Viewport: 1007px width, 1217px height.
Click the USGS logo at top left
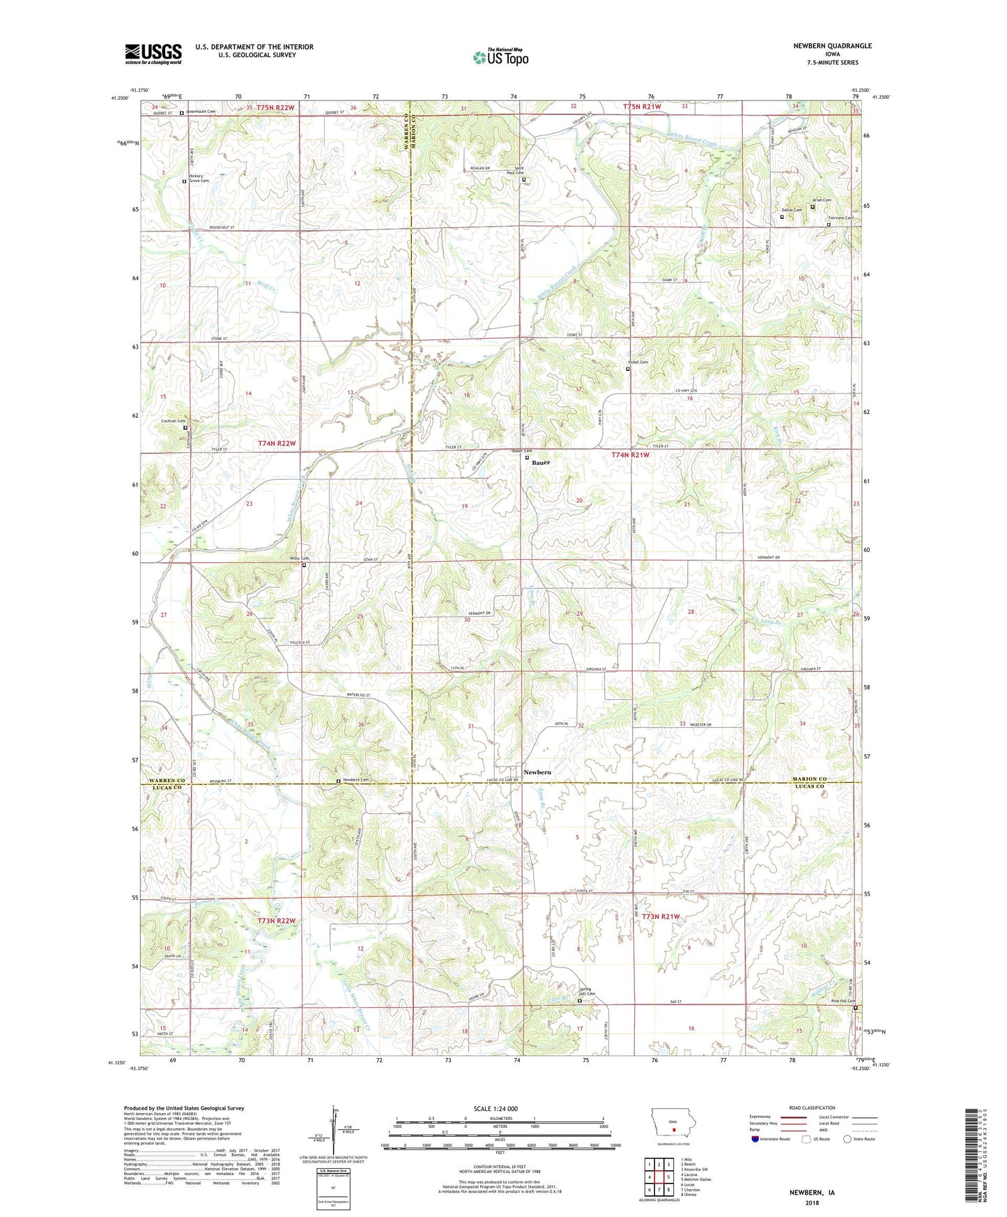(153, 54)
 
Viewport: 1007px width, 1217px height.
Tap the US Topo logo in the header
(500, 57)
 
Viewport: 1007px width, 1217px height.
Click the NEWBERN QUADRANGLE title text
(832, 46)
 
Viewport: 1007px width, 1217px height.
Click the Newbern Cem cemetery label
(355, 780)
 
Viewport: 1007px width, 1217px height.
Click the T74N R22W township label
(277, 444)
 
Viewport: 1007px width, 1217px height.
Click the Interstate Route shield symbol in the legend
(756, 1139)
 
